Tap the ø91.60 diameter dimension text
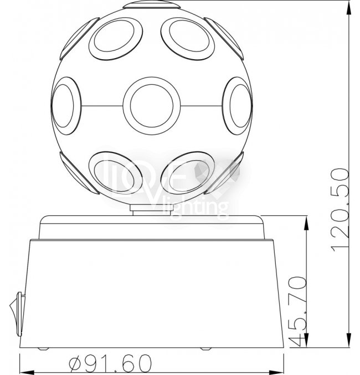(x=111, y=362)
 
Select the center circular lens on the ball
(x=152, y=106)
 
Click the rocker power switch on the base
(x=17, y=314)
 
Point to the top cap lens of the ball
(x=151, y=5)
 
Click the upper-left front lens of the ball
(x=116, y=38)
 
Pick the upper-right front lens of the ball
(x=188, y=38)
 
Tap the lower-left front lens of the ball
(x=116, y=173)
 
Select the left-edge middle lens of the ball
(x=66, y=106)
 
